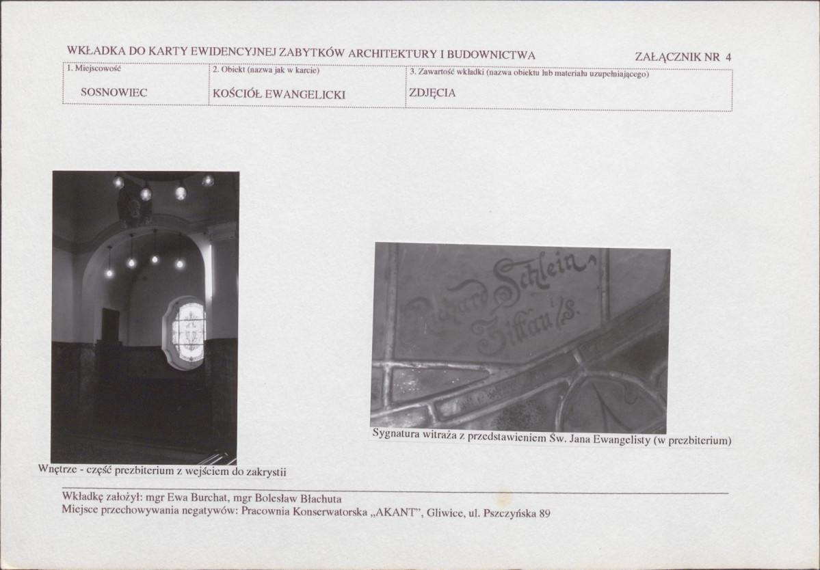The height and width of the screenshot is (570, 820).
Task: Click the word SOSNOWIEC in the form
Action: [x=114, y=92]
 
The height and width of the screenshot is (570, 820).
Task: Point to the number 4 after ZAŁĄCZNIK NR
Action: [x=728, y=57]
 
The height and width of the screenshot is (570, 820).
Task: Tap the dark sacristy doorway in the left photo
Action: [x=110, y=325]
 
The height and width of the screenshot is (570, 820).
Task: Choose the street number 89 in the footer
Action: [x=544, y=513]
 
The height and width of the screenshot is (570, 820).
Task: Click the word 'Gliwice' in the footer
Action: [x=445, y=513]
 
